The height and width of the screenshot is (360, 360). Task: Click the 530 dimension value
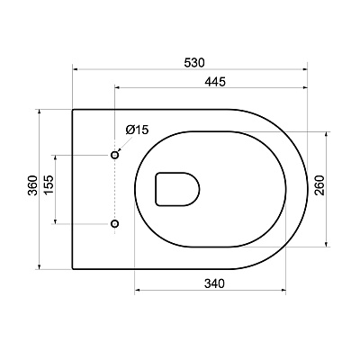(194, 63)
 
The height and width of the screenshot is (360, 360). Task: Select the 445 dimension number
(215, 81)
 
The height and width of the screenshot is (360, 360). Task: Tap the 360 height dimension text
(33, 185)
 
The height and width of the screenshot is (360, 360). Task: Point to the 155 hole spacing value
(49, 184)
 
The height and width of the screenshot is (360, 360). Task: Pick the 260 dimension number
(319, 185)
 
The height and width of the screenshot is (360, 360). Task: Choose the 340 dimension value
(214, 283)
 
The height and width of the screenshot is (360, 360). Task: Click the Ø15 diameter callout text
(137, 130)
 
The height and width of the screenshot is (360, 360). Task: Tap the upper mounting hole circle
(115, 155)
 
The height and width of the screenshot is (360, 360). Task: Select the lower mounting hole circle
(115, 223)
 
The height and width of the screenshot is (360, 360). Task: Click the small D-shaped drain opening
(177, 189)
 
